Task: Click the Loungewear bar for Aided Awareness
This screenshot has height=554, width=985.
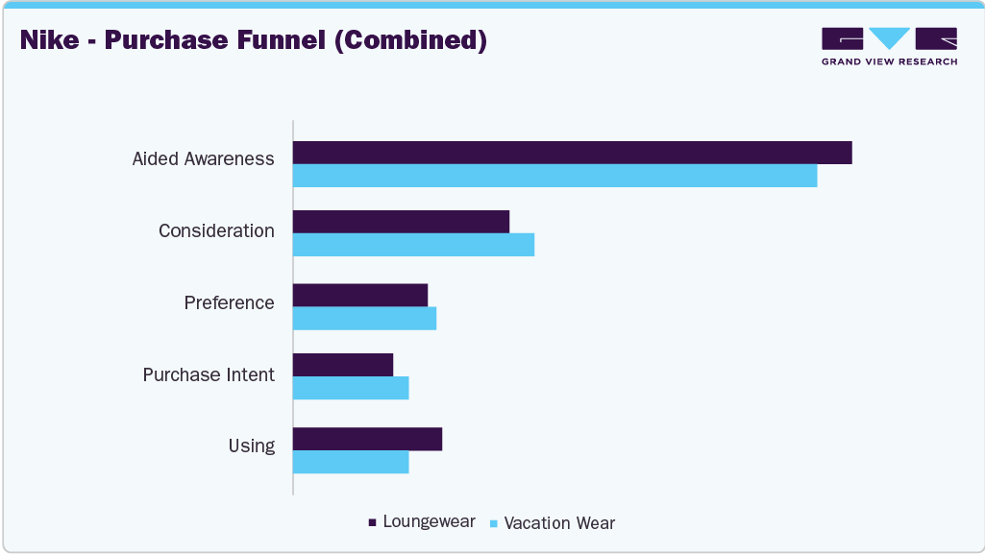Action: tap(572, 153)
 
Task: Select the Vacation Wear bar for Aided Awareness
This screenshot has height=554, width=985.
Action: tap(554, 176)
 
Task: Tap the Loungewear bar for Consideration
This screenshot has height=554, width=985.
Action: tap(401, 222)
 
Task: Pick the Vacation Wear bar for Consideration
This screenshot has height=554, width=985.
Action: tap(413, 245)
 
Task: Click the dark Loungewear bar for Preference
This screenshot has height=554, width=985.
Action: tap(359, 295)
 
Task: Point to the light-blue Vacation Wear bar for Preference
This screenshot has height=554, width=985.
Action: tap(364, 318)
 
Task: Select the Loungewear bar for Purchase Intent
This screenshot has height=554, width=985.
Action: tap(343, 365)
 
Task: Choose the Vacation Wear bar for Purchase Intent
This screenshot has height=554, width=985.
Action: tap(351, 388)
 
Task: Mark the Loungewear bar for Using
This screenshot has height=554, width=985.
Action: tap(367, 439)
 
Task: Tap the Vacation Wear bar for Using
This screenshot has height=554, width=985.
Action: tap(351, 462)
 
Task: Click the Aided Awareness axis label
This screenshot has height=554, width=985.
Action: tap(203, 159)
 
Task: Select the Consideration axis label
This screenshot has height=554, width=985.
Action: tap(216, 231)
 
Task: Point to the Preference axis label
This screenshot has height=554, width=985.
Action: tap(229, 303)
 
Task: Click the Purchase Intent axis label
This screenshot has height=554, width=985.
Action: tap(209, 375)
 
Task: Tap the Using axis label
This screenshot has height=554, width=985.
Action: tap(251, 446)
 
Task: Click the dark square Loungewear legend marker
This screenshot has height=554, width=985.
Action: tap(372, 522)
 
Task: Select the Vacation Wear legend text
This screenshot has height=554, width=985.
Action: tap(559, 523)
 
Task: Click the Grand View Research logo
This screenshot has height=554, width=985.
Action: tap(889, 46)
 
